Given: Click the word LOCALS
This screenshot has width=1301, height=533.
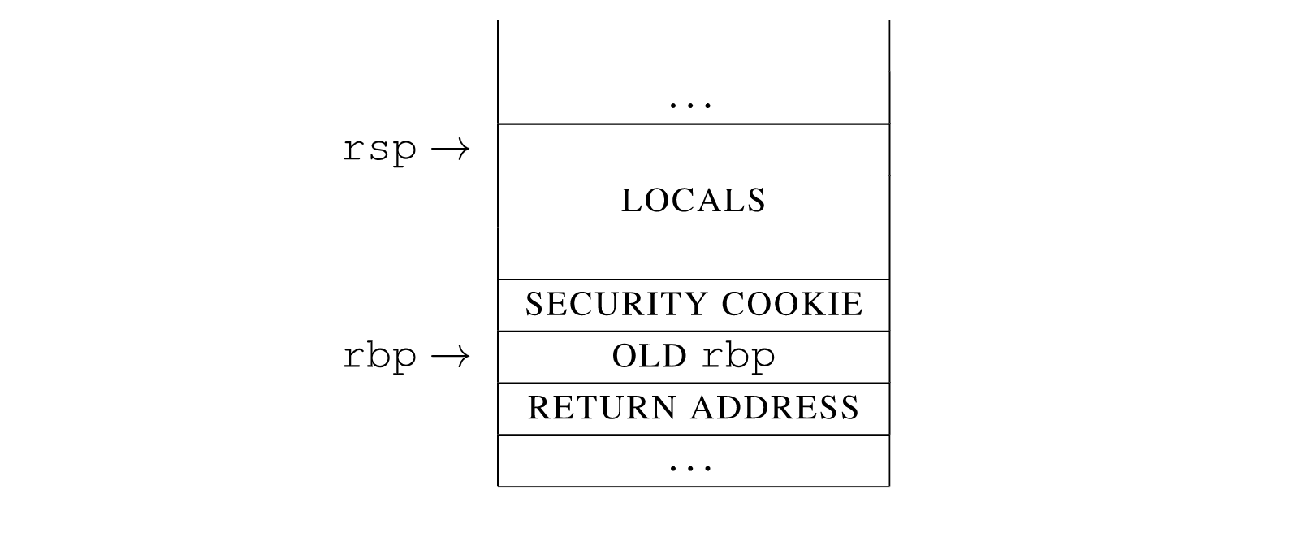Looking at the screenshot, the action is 694,201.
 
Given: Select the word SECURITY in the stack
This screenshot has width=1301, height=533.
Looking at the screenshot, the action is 617,304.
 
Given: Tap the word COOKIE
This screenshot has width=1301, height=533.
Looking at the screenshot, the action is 793,304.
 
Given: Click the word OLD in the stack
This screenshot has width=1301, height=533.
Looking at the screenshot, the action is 650,356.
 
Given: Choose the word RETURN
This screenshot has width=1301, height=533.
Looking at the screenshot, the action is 602,407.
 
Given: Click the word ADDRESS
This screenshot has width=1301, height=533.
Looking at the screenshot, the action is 775,407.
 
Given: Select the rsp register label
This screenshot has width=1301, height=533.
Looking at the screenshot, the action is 380,151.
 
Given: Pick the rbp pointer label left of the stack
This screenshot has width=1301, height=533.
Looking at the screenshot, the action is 380,357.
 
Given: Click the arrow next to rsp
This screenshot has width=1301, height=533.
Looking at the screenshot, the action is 450,149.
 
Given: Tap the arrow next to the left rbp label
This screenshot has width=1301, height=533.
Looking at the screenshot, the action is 450,356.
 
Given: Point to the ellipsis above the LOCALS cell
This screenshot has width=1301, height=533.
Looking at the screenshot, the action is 690,106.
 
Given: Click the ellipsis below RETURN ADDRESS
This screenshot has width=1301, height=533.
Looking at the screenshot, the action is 690,468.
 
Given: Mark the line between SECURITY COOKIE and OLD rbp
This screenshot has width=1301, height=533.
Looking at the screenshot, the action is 694,331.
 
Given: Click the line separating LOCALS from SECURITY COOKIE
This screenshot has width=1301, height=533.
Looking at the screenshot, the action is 694,279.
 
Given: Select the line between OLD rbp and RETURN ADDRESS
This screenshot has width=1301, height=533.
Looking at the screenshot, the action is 694,383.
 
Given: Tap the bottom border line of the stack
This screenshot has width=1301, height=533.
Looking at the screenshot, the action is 694,487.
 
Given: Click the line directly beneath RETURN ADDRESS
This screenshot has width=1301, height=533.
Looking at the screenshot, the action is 694,435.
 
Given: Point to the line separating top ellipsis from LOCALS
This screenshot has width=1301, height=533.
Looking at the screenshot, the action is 694,123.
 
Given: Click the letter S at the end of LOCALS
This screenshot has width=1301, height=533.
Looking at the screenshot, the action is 756,201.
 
